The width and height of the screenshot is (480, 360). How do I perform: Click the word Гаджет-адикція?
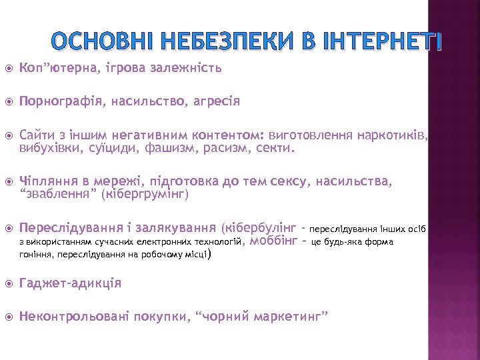71,283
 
